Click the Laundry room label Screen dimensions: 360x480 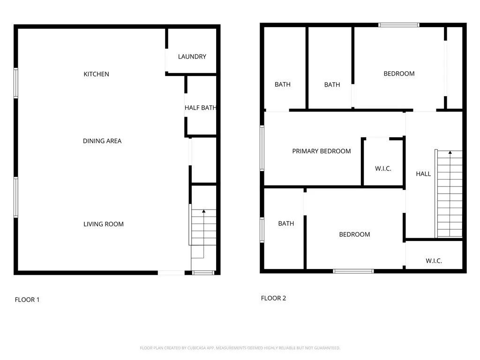pos(192,57)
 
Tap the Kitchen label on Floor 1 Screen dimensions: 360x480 pos(97,74)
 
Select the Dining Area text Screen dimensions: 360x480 pos(102,141)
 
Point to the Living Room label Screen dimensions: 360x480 pos(104,224)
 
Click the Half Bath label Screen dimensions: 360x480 pos(201,108)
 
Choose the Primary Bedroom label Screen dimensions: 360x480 pos(322,151)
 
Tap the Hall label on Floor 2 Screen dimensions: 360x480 pos(423,174)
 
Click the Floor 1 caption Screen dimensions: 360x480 pos(27,300)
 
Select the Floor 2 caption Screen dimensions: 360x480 pos(273,298)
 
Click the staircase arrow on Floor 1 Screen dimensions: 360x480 pos(203,212)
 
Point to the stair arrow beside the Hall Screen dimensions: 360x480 pos(450,153)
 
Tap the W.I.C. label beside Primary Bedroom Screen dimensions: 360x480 pos(383,169)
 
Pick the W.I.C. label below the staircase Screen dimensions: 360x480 pos(434,261)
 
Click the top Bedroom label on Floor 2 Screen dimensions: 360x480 pos(399,74)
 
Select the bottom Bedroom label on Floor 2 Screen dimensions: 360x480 pos(354,234)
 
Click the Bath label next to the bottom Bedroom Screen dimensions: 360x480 pos(286,224)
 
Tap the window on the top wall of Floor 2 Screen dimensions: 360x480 pos(399,25)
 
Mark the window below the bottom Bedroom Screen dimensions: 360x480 pos(353,271)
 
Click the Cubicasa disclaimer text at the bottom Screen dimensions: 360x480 pos(240,348)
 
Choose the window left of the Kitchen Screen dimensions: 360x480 pos(16,83)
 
